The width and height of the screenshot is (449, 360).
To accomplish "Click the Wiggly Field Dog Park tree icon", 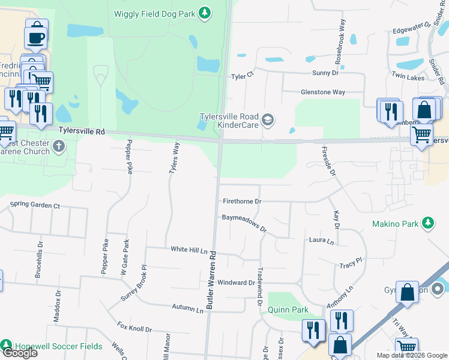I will pyautogui.click(x=205, y=12).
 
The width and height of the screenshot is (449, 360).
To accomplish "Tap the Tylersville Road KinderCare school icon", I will pyautogui.click(x=267, y=120).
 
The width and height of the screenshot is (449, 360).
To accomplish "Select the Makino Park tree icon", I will pyautogui.click(x=427, y=224).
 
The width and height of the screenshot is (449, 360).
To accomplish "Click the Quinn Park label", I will pyautogui.click(x=288, y=310).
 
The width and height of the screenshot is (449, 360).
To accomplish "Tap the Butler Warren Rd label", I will pyautogui.click(x=211, y=280).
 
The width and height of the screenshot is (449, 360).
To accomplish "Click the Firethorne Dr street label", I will pyautogui.click(x=242, y=202).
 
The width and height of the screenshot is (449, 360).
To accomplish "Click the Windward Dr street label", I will pyautogui.click(x=237, y=282).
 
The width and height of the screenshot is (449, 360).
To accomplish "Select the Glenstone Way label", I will pyautogui.click(x=322, y=92).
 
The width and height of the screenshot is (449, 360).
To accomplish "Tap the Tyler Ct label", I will pyautogui.click(x=243, y=76).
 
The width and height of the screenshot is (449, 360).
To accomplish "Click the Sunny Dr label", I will pyautogui.click(x=325, y=73).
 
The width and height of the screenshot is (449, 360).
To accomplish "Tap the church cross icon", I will pyautogui.click(x=59, y=146).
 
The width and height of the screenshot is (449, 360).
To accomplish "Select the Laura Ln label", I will pyautogui.click(x=321, y=241).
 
